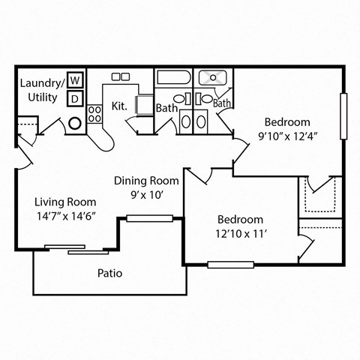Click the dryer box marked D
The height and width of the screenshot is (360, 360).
pos(76,98)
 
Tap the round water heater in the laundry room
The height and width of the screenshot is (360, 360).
pos(76,123)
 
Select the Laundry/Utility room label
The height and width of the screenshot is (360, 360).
pos(39,90)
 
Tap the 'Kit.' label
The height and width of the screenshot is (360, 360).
pos(118,106)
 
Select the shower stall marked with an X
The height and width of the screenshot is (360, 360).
pos(214,77)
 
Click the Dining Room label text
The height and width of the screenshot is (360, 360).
pos(146,181)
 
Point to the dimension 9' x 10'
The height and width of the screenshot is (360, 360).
pos(147,195)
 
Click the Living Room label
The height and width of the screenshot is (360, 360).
pos(66,202)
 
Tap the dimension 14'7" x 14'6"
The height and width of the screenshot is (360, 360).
pos(66,217)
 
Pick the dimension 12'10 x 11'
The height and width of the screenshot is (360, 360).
pos(240,234)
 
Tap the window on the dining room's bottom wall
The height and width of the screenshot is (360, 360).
pos(142,218)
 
